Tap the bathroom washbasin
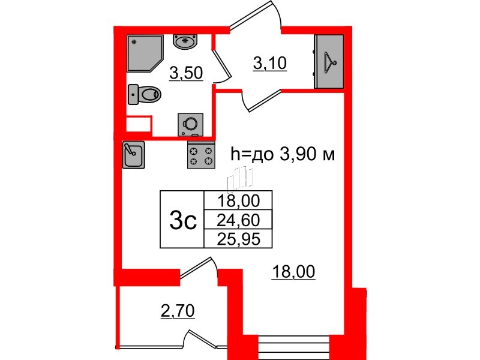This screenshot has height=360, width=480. (x=185, y=41)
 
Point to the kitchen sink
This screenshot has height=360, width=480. (x=132, y=154)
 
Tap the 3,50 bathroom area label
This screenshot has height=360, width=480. (x=186, y=74)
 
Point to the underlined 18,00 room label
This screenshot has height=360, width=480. (x=293, y=273)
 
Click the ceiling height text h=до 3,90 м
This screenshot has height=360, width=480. (x=282, y=155)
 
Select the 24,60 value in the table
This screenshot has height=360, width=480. (x=238, y=220)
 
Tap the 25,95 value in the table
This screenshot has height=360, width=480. (x=238, y=239)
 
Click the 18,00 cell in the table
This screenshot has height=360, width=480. (x=238, y=200)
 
